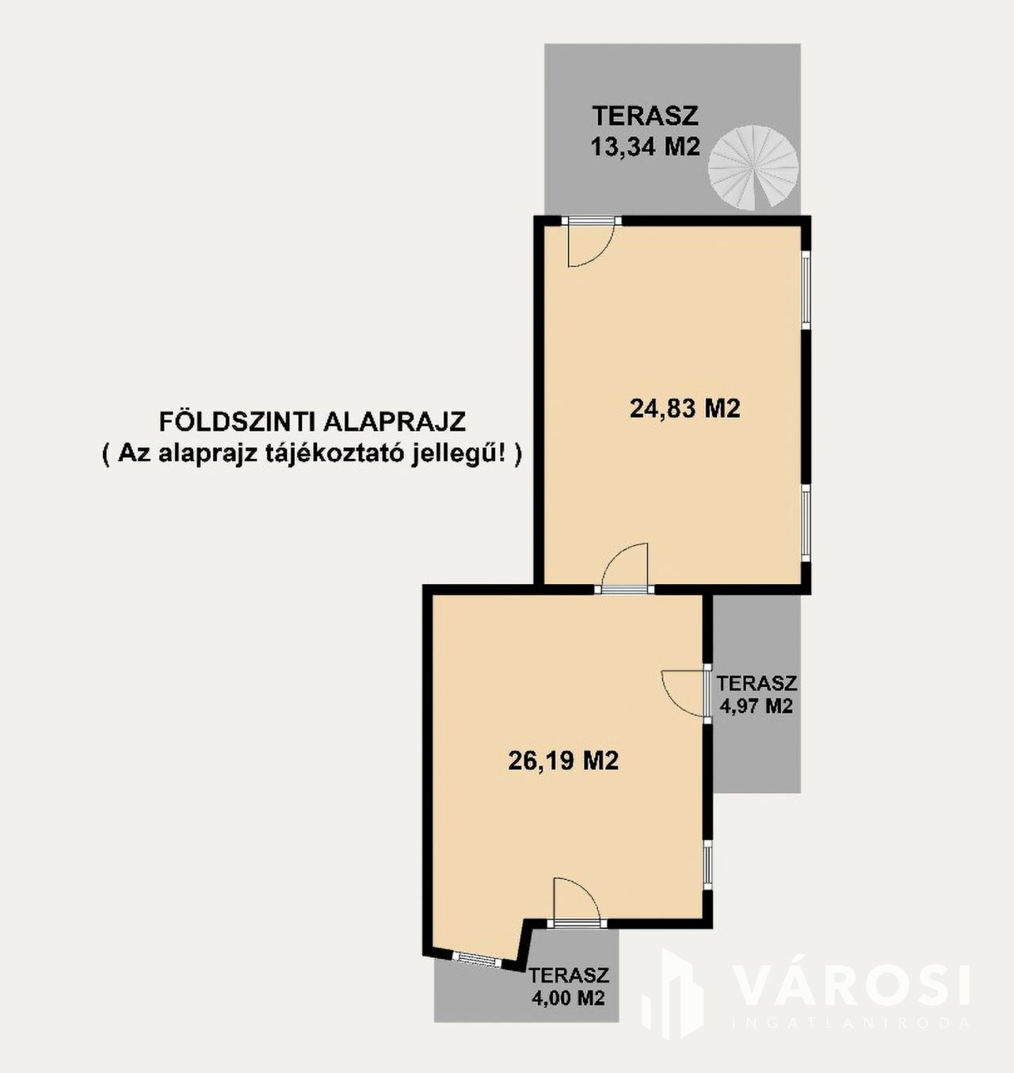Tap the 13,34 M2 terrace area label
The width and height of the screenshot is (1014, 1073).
[646, 147]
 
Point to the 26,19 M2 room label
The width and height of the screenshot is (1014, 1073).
[563, 761]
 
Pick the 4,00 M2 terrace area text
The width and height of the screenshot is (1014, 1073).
[568, 999]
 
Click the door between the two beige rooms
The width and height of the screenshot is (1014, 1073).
[624, 567]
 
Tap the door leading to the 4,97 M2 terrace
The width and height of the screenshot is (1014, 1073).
[685, 693]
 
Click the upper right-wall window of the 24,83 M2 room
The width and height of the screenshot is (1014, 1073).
[806, 290]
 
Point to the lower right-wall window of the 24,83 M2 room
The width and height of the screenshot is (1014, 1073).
[806, 522]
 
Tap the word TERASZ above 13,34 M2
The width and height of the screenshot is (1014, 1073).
[646, 116]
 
